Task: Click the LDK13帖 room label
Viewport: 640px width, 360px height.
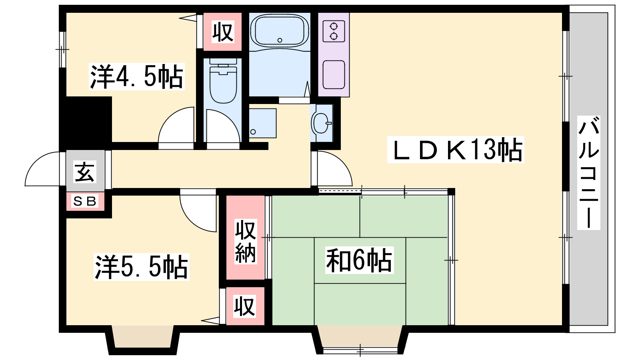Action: pyautogui.click(x=456, y=150)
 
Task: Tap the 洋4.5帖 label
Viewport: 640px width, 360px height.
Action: pyautogui.click(x=136, y=76)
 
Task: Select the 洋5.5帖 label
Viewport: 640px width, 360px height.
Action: pyautogui.click(x=142, y=267)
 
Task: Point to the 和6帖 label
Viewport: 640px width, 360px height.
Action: pyautogui.click(x=359, y=260)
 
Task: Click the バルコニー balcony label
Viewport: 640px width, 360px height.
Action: pyautogui.click(x=588, y=172)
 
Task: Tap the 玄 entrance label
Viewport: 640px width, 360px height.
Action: pyautogui.click(x=84, y=172)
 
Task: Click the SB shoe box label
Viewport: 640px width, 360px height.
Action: pyautogui.click(x=85, y=202)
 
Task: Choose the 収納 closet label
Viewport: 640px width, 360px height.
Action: pyautogui.click(x=246, y=242)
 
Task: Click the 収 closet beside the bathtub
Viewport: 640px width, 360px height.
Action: pyautogui.click(x=223, y=32)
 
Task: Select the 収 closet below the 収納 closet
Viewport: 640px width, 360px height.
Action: pyautogui.click(x=244, y=306)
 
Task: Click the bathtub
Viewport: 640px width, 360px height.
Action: pyautogui.click(x=280, y=31)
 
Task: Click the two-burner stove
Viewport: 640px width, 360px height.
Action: pyautogui.click(x=334, y=32)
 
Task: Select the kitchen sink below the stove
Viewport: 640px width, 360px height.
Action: pyautogui.click(x=334, y=74)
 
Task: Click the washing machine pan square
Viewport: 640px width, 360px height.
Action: pyautogui.click(x=262, y=123)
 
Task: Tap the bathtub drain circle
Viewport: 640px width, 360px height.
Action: pyautogui.click(x=280, y=40)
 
